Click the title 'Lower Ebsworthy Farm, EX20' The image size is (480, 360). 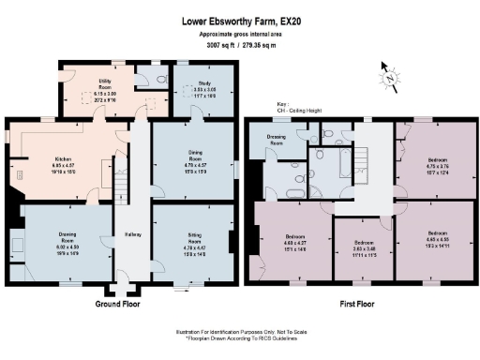(x=240, y=19)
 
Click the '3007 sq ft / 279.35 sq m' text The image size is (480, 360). (x=240, y=44)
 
